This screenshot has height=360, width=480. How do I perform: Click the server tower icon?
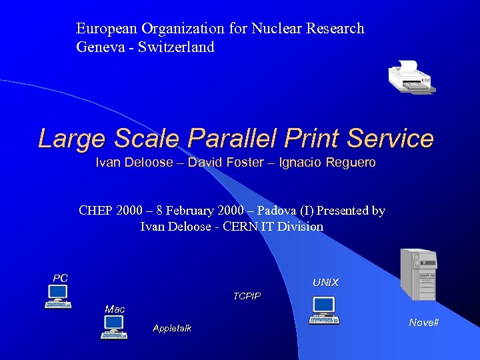coord(418,274)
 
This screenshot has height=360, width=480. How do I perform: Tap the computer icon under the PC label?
coord(58,297)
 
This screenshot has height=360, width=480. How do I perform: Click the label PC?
coord(61,278)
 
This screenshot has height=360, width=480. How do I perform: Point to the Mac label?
coord(115,309)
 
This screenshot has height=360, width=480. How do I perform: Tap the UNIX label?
coord(325,283)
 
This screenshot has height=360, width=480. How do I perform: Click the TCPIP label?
coord(247,296)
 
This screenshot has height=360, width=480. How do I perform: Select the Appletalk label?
coord(172,328)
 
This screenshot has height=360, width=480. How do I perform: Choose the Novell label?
coord(424,323)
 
